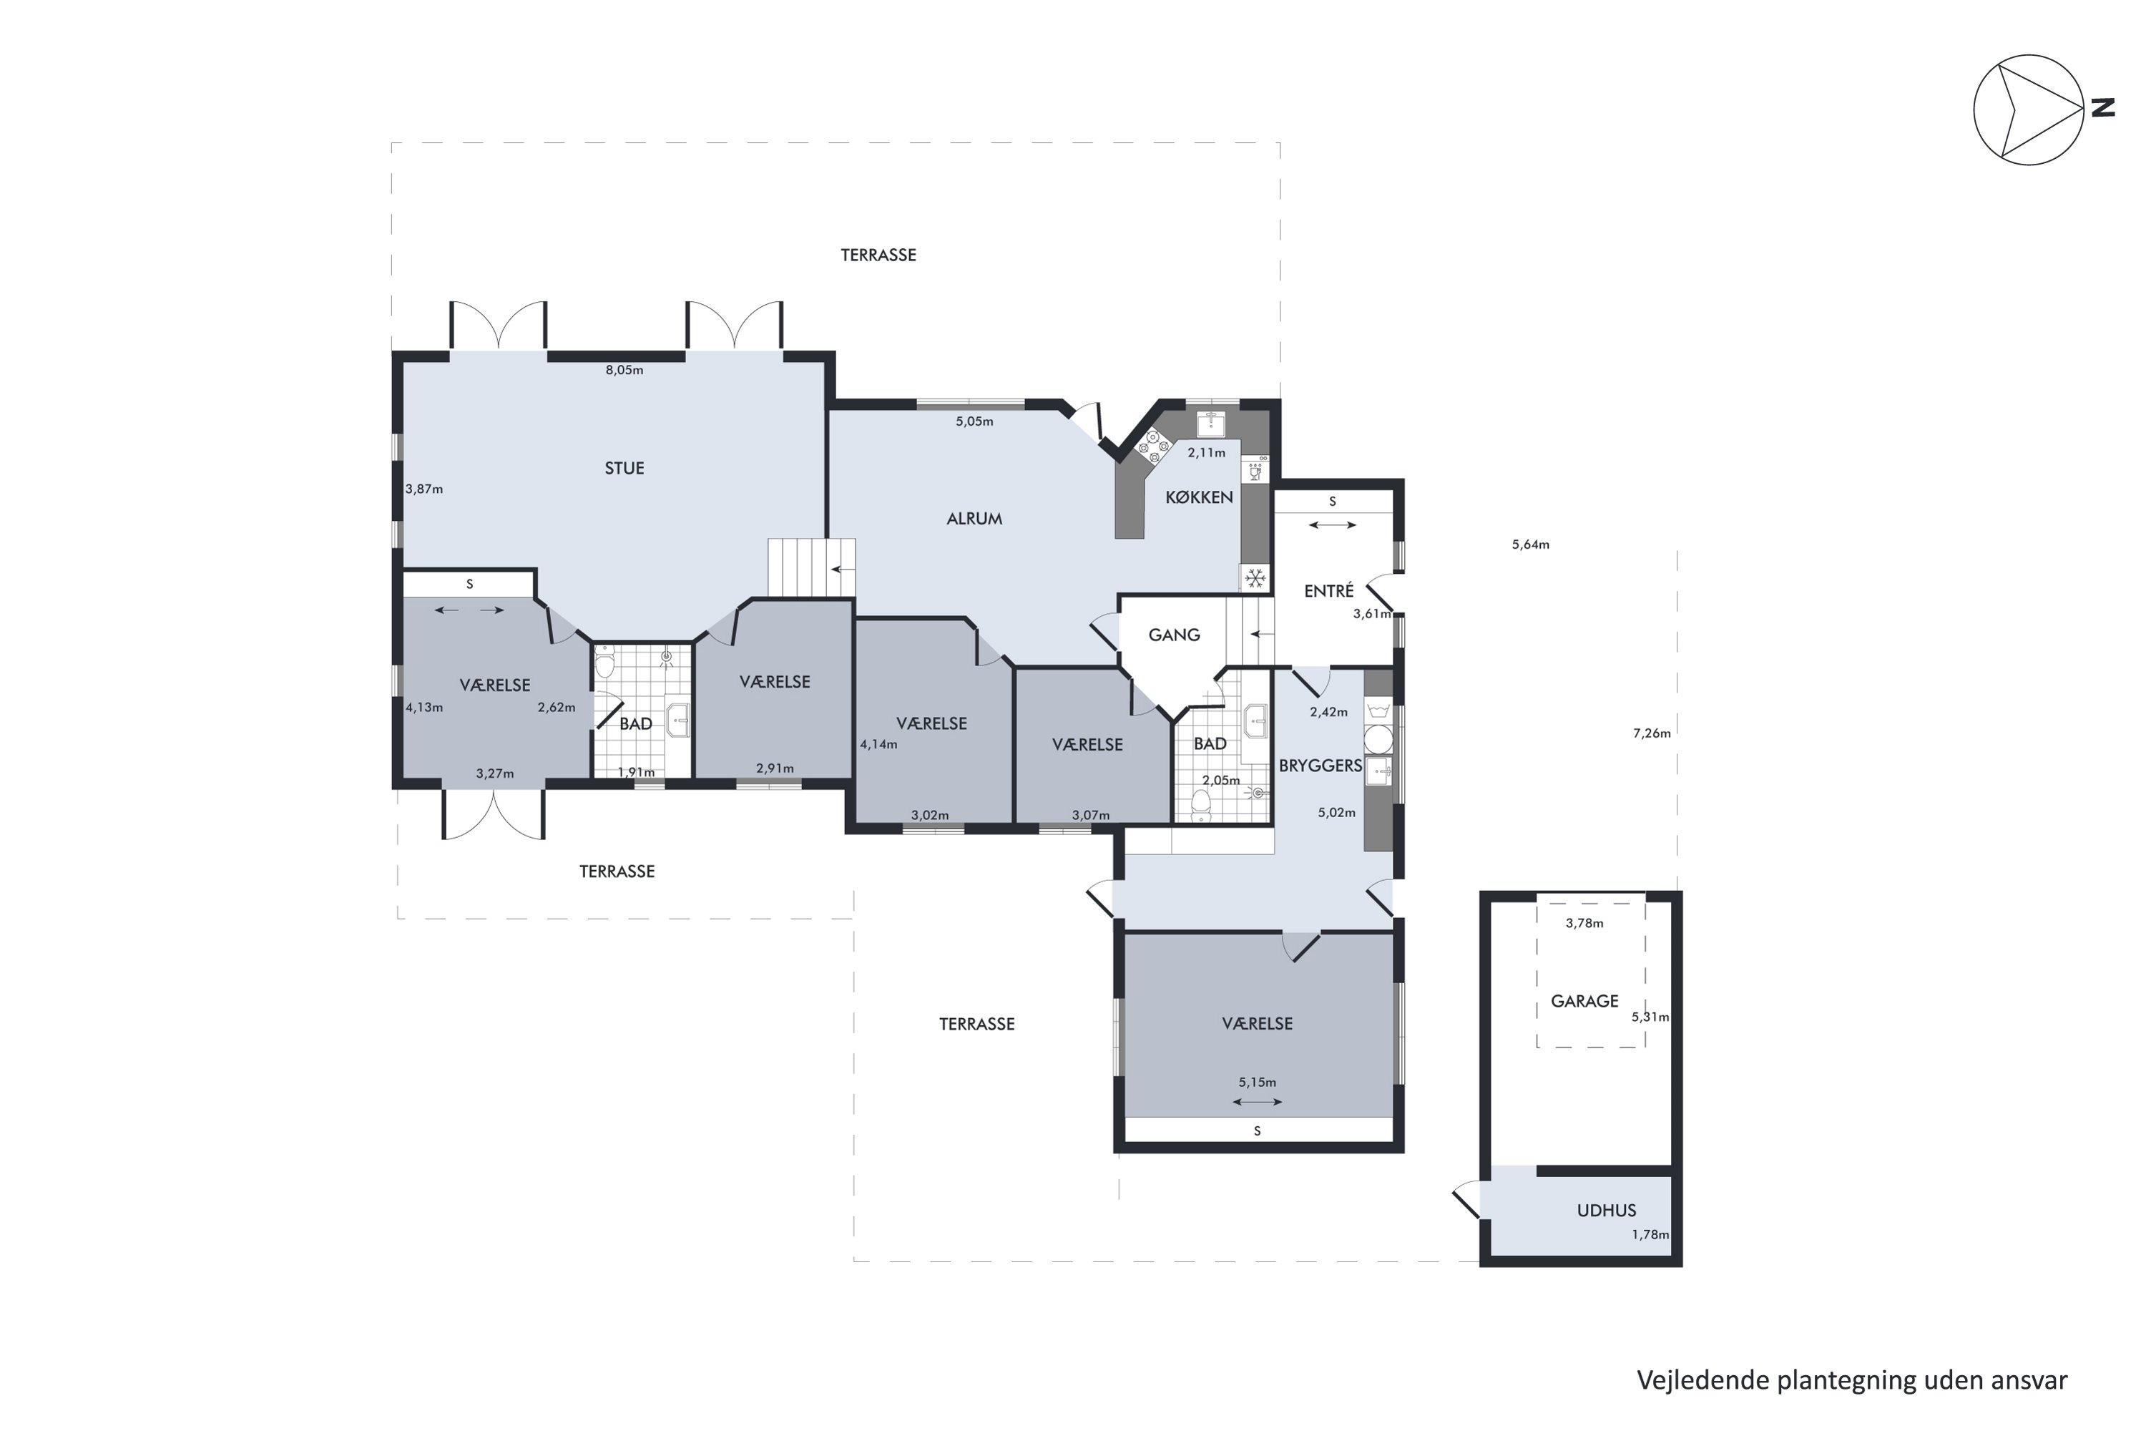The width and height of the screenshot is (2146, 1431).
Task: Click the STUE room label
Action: pos(624,468)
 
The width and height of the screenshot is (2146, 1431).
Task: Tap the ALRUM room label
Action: pos(974,518)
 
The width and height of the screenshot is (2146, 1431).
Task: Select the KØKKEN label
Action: pos(1199,497)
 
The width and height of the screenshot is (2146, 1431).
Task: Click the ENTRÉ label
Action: pos(1328,592)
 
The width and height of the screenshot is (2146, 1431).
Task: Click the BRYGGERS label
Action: pos(1319,766)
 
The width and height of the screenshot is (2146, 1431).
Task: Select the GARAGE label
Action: pos(1584,1001)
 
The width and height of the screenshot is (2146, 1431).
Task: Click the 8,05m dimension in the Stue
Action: pos(624,370)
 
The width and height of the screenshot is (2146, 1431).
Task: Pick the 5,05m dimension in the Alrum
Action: pos(974,421)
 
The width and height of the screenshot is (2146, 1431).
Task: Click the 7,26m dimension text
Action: pos(1652,733)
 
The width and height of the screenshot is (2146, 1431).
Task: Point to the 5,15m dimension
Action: pos(1256,1083)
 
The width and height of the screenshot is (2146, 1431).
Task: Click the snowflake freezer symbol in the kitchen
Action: pos(1255,577)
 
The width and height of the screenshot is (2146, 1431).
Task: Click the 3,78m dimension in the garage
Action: pos(1584,923)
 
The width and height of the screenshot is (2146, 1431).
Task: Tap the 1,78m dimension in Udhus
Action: pos(1650,1235)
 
